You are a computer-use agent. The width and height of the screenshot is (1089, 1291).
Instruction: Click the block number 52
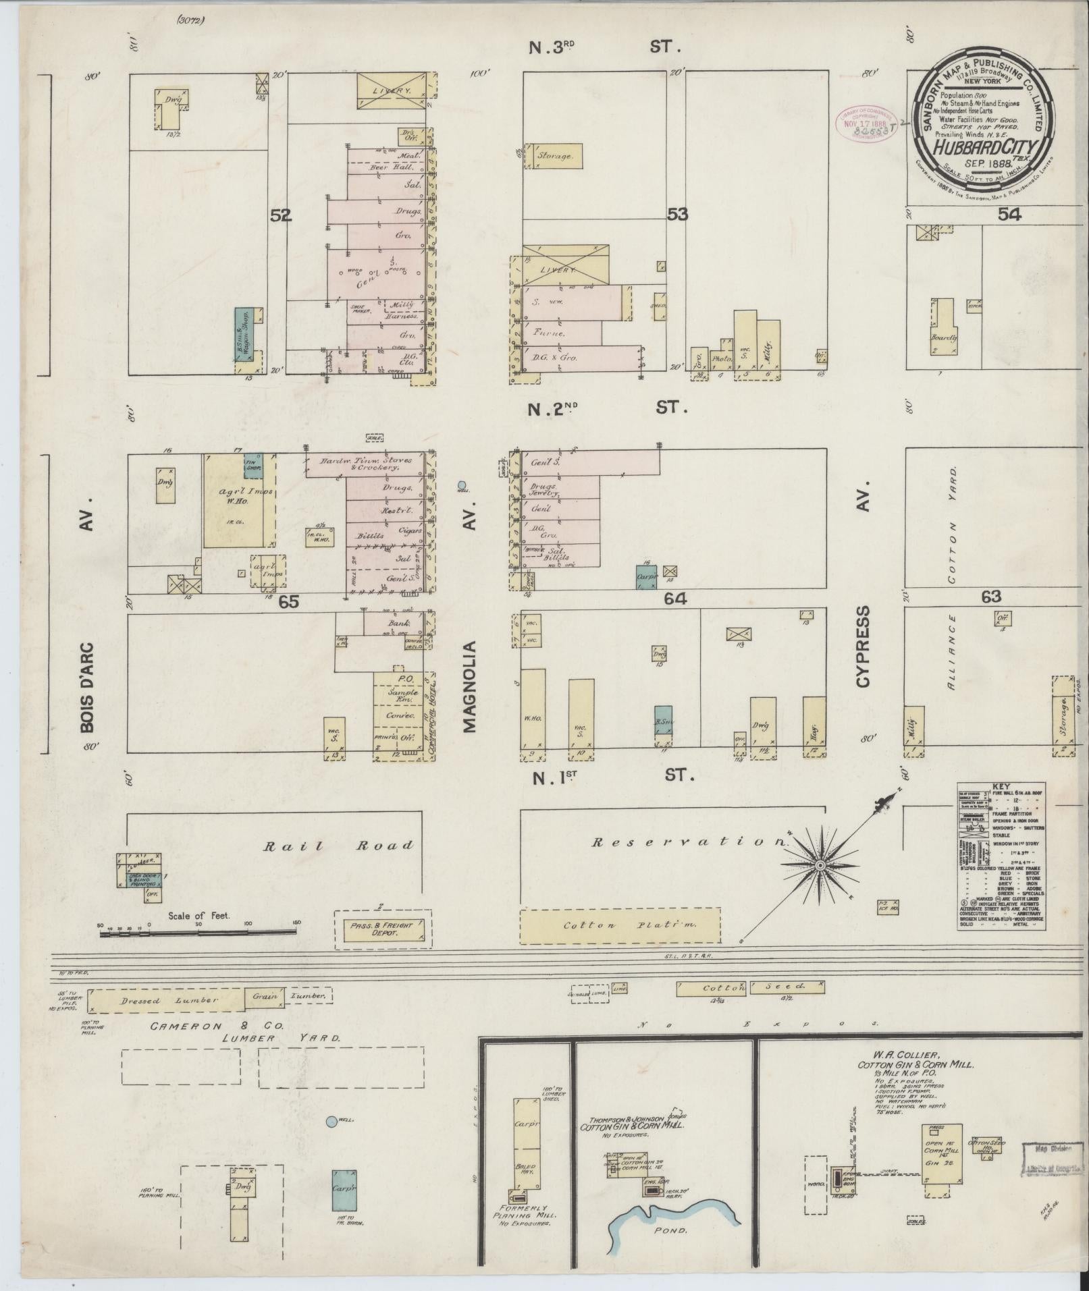point(280,215)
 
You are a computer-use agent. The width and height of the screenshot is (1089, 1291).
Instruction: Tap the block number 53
point(677,214)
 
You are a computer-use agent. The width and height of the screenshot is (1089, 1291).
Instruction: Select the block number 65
point(288,601)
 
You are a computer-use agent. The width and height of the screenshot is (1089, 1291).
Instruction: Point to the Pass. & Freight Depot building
point(383,931)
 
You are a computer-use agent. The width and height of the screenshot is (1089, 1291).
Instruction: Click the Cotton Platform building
point(620,925)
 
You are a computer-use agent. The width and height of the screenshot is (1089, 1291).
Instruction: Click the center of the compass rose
point(820,865)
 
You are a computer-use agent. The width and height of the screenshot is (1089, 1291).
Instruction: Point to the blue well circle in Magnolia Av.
point(462,485)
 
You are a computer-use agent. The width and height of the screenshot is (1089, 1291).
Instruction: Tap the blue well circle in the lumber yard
point(331,1122)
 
